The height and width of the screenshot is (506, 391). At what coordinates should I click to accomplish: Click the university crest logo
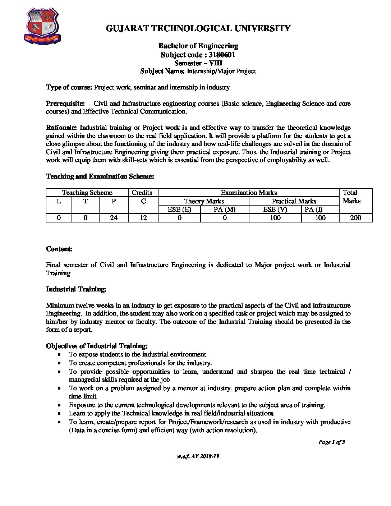tap(42, 27)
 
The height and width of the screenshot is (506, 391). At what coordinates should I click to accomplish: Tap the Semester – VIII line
tap(198, 63)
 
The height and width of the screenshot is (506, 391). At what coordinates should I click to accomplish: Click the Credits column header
tap(142, 193)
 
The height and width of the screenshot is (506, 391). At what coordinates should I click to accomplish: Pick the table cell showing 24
tap(114, 217)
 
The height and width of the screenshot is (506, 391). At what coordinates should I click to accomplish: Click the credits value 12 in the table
tap(143, 217)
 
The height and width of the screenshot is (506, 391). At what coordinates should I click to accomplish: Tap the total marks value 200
tap(355, 217)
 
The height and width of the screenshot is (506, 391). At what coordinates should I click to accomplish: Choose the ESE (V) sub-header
tap(275, 210)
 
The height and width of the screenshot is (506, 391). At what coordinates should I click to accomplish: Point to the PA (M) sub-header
tap(225, 210)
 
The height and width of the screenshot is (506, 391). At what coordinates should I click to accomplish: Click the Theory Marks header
tap(204, 201)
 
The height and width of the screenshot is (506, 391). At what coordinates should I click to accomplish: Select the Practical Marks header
tap(294, 201)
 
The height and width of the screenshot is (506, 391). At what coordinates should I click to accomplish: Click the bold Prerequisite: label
tap(65, 103)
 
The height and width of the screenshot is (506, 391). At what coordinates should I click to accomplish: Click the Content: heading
tap(59, 249)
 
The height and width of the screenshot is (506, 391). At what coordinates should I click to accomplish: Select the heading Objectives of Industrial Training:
tap(97, 346)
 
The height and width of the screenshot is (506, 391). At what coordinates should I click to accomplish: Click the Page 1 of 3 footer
tap(331, 442)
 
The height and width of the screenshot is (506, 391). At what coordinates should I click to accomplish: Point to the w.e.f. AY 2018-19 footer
tap(198, 456)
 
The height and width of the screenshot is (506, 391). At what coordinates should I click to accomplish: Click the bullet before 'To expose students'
tap(59, 355)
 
